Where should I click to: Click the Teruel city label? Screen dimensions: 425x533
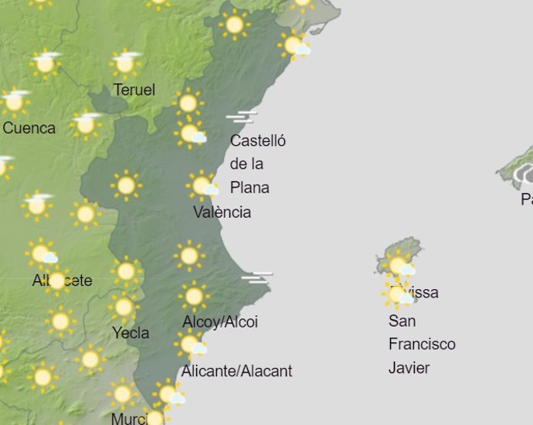[134, 90]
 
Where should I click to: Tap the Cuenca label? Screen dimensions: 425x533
[29, 127]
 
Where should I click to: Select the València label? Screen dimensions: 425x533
[222, 212]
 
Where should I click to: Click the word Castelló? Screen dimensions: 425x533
[258, 141]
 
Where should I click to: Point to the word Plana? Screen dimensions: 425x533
[250, 187]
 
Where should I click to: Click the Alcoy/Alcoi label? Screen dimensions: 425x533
[220, 321]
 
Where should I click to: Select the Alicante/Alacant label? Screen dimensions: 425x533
[236, 371]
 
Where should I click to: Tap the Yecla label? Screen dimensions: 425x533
[131, 333]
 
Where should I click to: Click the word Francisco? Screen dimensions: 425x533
[422, 344]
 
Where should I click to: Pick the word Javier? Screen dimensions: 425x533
[409, 367]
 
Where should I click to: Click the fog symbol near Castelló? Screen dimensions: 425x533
[241, 117]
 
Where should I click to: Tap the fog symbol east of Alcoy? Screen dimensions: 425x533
[256, 277]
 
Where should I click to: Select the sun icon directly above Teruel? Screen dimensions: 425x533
[125, 63]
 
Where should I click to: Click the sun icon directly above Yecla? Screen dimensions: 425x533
[123, 308]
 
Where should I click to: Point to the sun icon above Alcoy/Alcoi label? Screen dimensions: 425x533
[194, 296]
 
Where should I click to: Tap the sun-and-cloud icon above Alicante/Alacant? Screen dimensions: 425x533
[191, 345]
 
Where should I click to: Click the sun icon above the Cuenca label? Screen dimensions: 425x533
[14, 100]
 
